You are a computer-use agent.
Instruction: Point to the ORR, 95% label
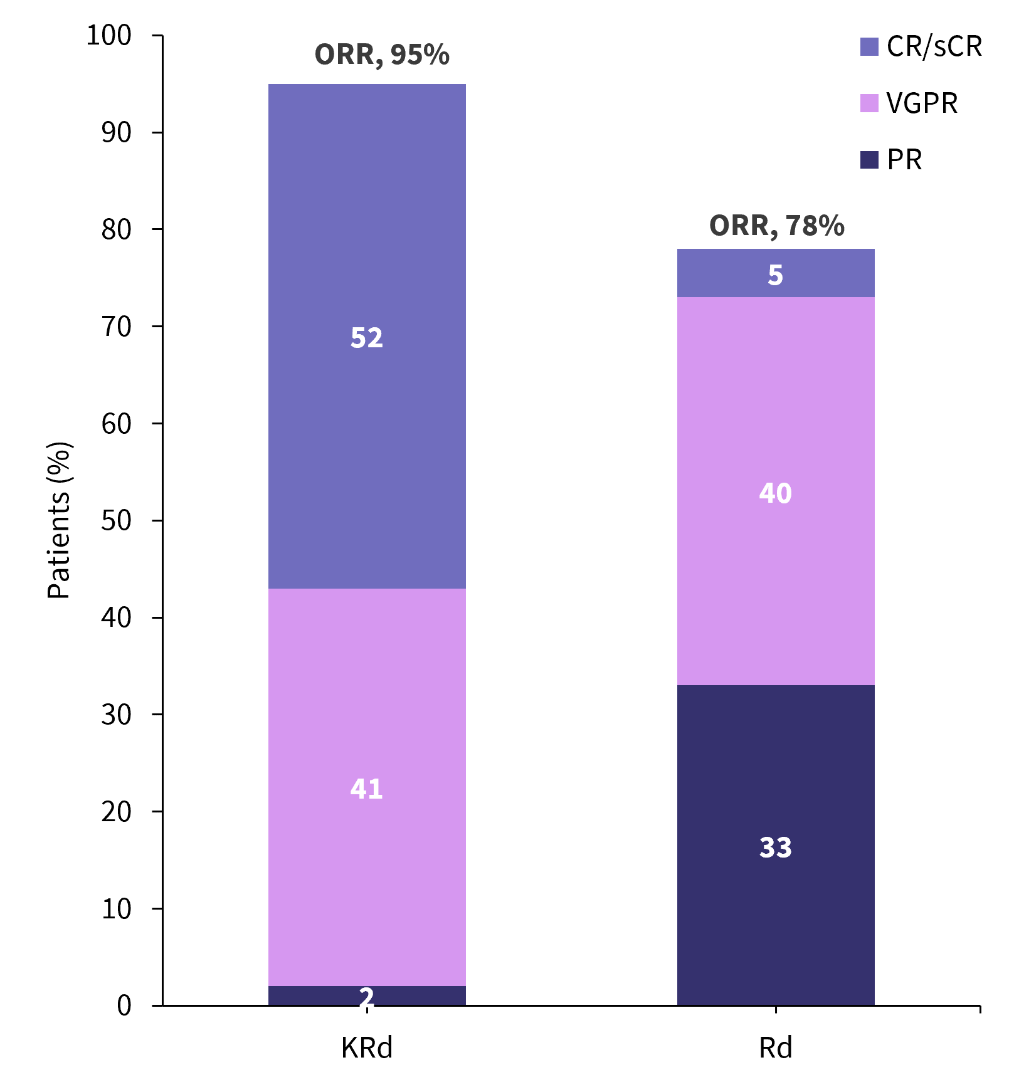tap(382, 55)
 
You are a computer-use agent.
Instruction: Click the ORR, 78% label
tap(776, 226)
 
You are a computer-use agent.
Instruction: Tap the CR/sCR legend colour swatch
tap(869, 47)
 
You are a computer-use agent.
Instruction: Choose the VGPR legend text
tap(922, 103)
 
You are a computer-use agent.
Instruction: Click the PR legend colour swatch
tap(869, 160)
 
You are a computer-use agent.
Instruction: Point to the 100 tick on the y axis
tap(109, 35)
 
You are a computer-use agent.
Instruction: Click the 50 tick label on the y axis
tap(117, 520)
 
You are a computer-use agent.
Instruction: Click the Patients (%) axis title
tap(60, 520)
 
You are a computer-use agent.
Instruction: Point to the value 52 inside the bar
tap(367, 338)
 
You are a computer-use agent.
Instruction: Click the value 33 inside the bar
tap(776, 848)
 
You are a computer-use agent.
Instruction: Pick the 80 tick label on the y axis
tap(117, 229)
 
